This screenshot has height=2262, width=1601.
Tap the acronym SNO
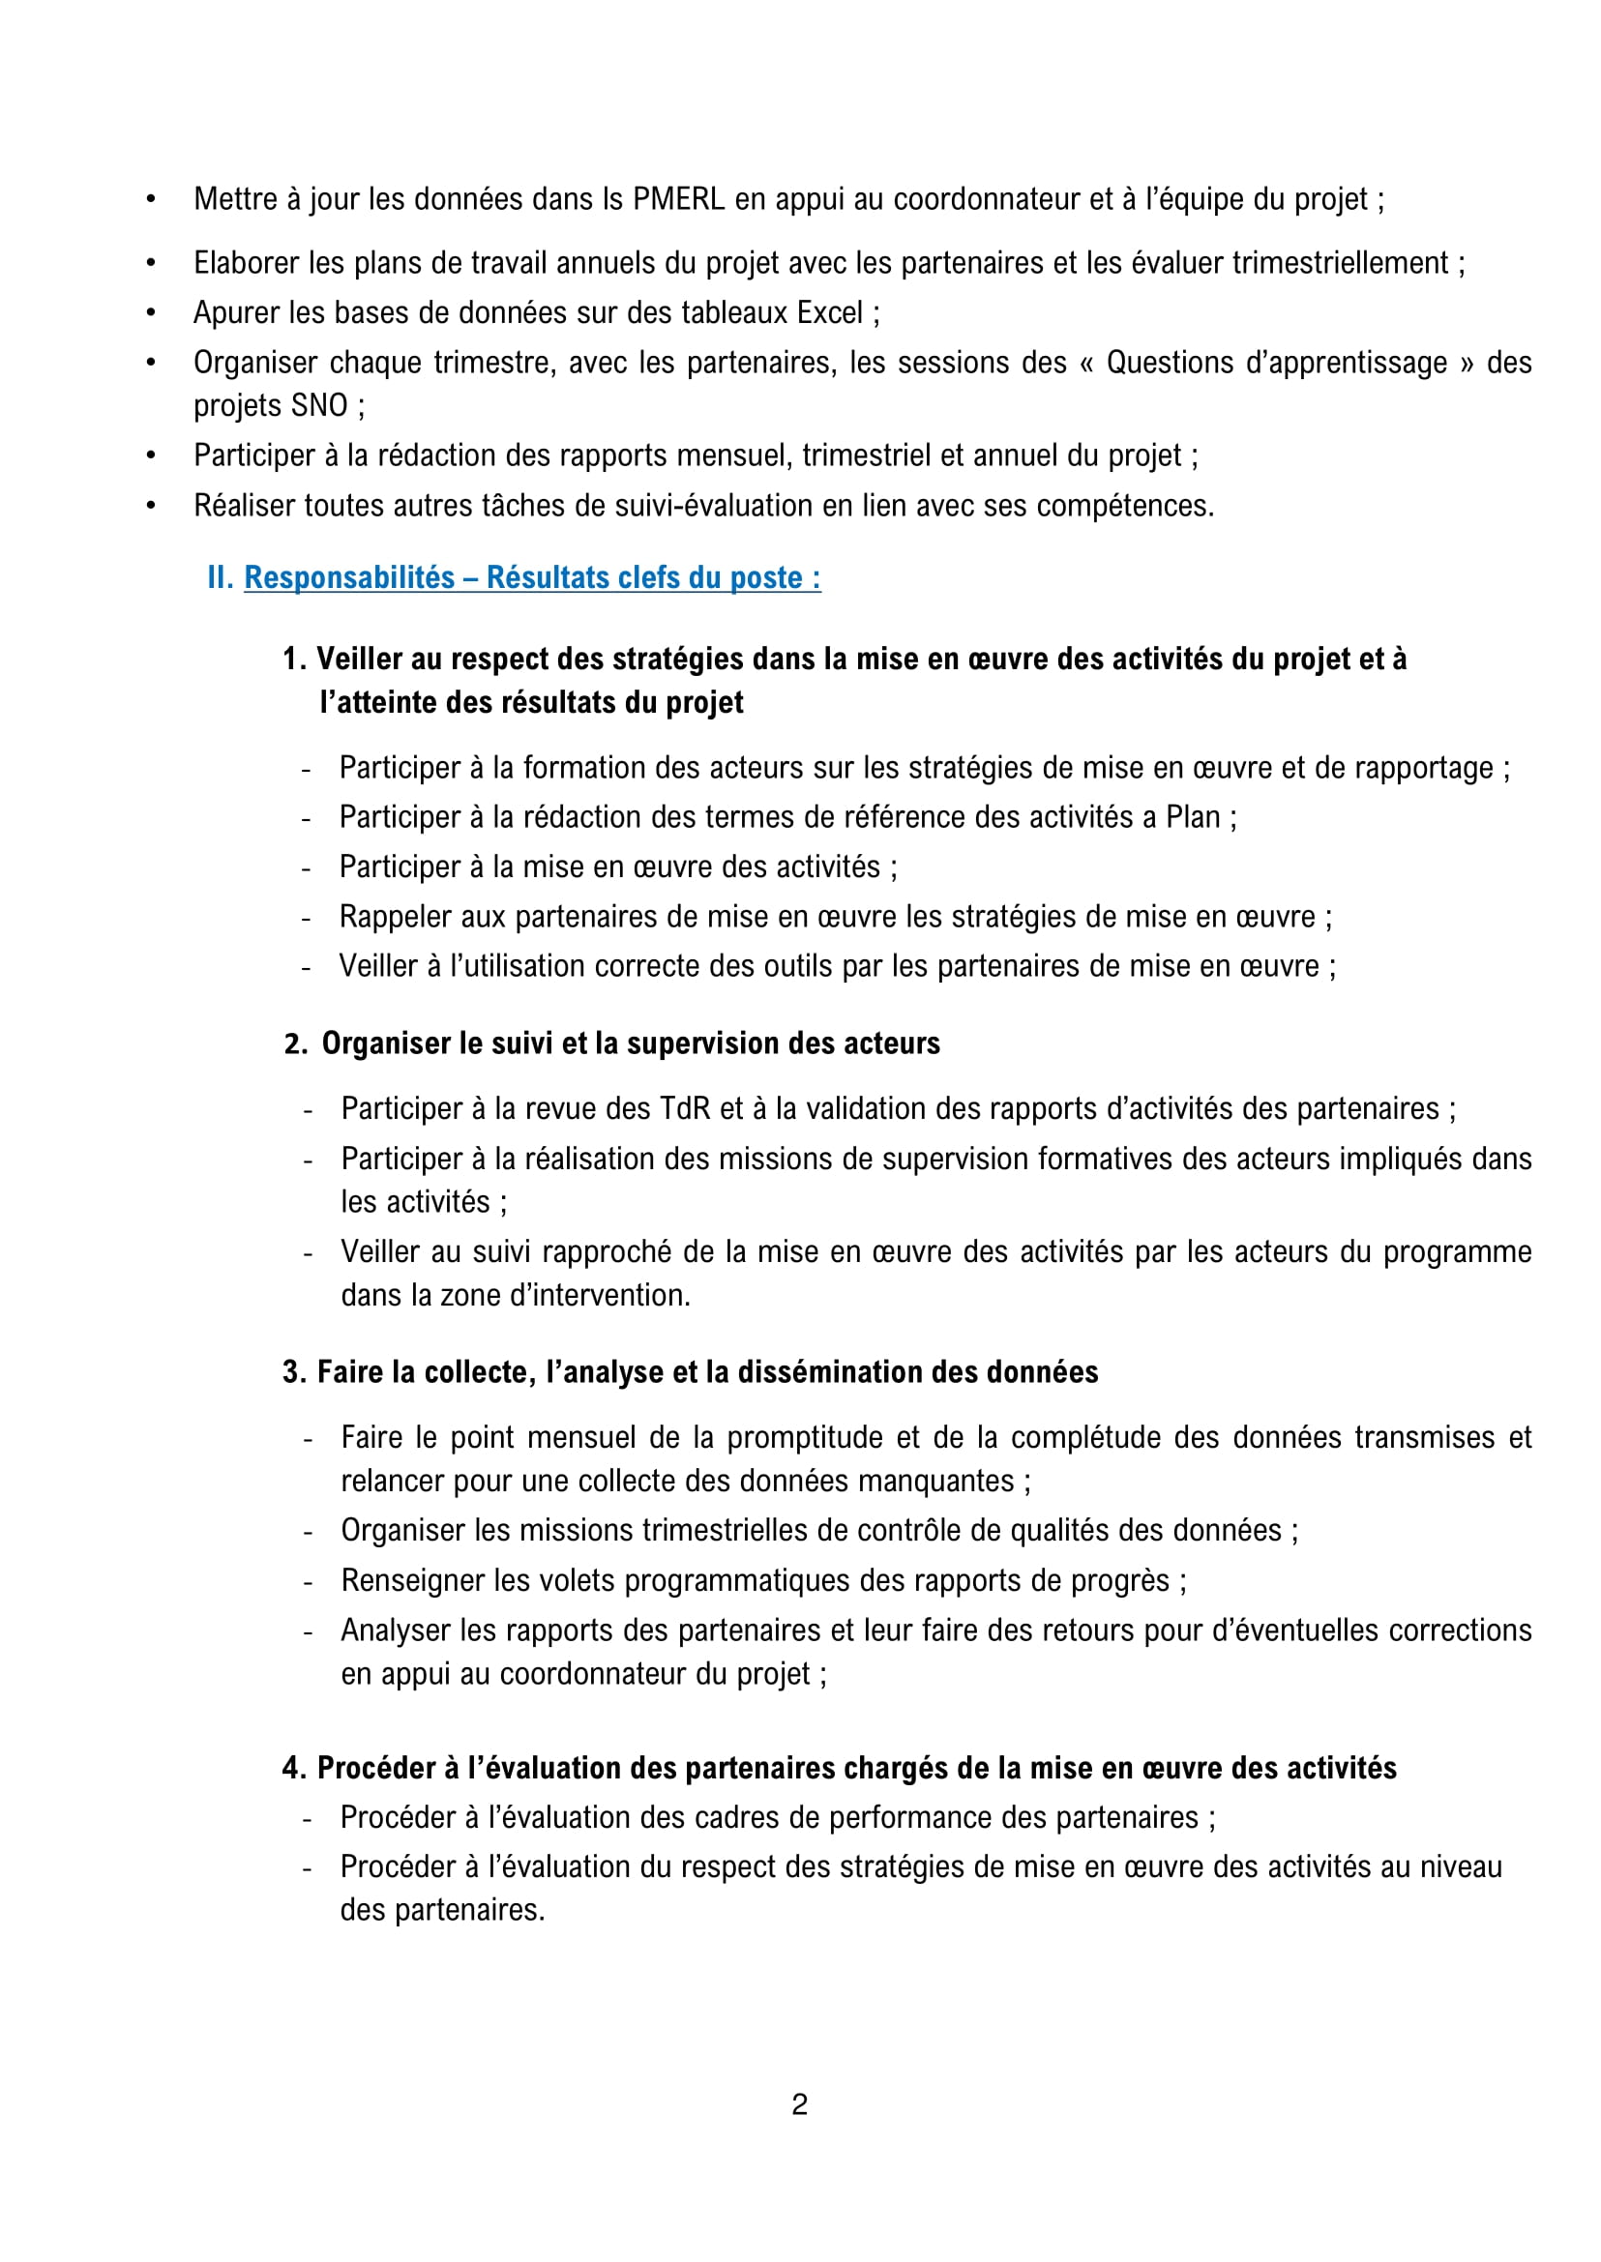click(319, 405)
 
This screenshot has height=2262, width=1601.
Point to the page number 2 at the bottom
click(799, 2103)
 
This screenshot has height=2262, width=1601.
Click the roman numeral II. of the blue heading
click(220, 577)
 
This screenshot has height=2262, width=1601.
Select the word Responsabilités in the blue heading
click(349, 577)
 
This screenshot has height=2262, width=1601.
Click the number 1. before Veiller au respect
click(295, 659)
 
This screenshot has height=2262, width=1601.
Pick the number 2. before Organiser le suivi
click(296, 1043)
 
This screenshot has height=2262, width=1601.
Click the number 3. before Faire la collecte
click(295, 1372)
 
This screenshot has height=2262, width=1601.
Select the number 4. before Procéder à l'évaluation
click(295, 1768)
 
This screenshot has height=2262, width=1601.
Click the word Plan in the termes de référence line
click(1192, 817)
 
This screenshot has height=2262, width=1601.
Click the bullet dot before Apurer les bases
click(151, 313)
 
